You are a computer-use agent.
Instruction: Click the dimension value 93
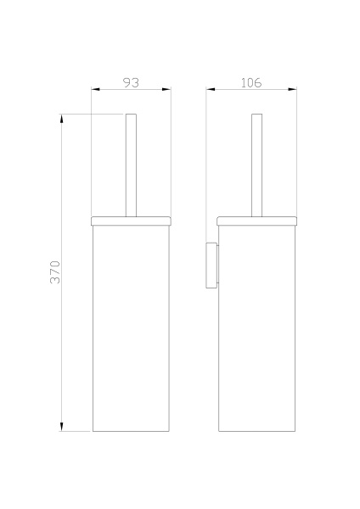[132, 82]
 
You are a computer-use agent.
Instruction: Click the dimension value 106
[251, 82]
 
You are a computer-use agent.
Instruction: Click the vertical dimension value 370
[55, 271]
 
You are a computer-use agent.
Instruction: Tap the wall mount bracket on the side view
[211, 265]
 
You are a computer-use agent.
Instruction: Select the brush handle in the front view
[131, 165]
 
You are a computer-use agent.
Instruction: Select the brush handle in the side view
[256, 165]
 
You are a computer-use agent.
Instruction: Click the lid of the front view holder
[132, 221]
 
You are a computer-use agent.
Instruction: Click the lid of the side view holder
[257, 221]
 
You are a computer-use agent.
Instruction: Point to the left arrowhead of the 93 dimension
[95, 90]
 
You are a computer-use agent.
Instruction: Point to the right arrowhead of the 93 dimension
[167, 90]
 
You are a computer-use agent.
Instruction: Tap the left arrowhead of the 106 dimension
[211, 90]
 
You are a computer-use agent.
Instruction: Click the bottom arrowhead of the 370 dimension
[62, 426]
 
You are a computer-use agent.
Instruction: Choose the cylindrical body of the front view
[132, 331]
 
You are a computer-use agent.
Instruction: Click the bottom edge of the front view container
[132, 431]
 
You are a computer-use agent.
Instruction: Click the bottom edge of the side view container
[257, 431]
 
